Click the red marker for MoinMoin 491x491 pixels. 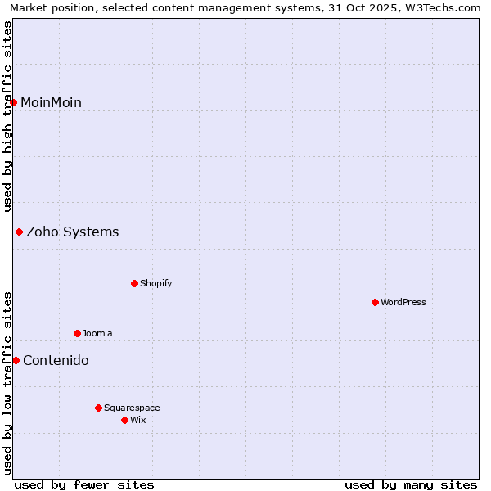coord(14,102)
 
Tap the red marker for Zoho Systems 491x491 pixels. coord(19,232)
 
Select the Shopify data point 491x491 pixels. coord(134,284)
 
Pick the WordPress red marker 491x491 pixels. coord(375,303)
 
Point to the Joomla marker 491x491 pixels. coord(77,334)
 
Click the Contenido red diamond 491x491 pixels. coord(16,361)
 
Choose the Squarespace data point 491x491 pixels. coord(98,408)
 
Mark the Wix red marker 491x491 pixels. coord(124,421)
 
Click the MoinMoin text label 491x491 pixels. coord(51,102)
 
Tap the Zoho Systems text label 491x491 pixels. coord(73,232)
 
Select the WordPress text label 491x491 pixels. coord(403,303)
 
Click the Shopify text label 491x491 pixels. coord(155,284)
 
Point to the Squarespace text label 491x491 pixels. coord(132,408)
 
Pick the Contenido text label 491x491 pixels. coord(56,361)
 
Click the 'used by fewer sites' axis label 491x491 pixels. coord(84,484)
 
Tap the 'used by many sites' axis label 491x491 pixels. coord(411,484)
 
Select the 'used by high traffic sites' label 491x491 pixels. coord(7,117)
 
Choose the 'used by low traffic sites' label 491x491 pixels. coord(7,383)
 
